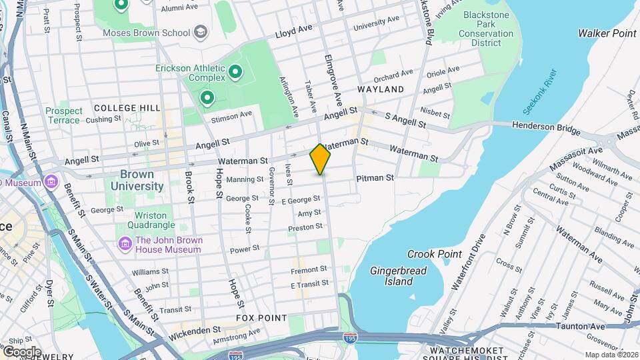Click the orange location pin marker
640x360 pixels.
click(x=320, y=159)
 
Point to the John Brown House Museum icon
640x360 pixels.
click(x=125, y=245)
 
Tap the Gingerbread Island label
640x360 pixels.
click(x=398, y=275)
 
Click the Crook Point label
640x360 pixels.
click(x=435, y=254)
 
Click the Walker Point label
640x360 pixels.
click(x=607, y=33)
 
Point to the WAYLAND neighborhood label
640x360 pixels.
click(x=381, y=89)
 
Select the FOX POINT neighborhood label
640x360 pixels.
click(x=261, y=318)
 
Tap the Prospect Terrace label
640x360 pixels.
click(x=64, y=115)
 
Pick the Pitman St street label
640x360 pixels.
click(x=375, y=178)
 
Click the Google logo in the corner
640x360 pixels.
click(x=21, y=351)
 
